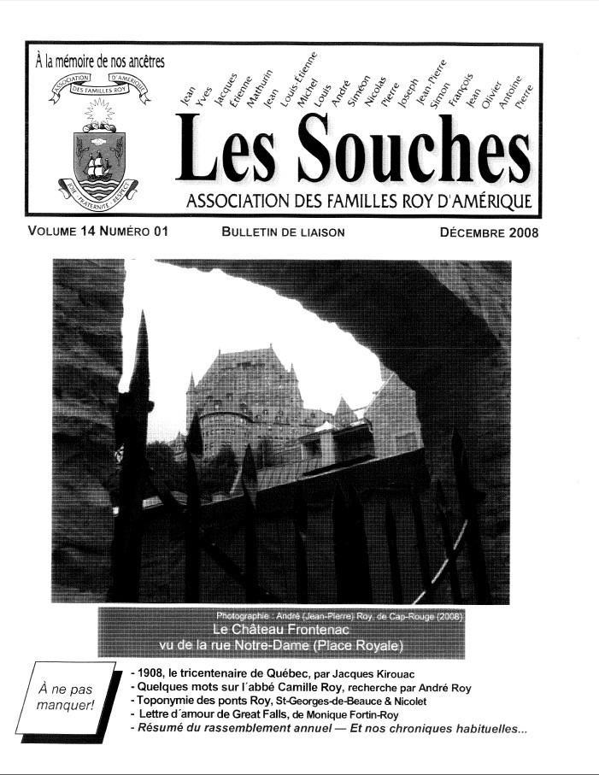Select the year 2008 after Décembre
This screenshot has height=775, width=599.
(x=520, y=232)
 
